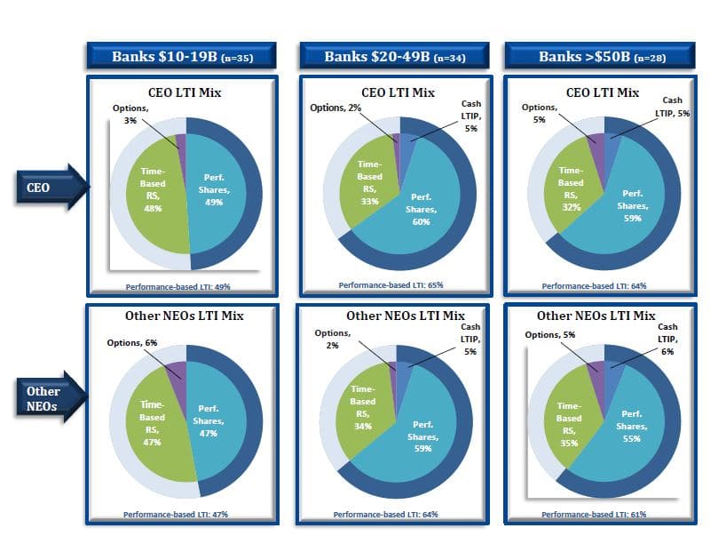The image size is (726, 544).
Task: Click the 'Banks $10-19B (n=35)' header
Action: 183,56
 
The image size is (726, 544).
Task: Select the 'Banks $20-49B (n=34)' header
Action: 394,56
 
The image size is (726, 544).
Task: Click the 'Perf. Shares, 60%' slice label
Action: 421,209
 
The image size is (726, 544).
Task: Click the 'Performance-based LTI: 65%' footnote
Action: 391,285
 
